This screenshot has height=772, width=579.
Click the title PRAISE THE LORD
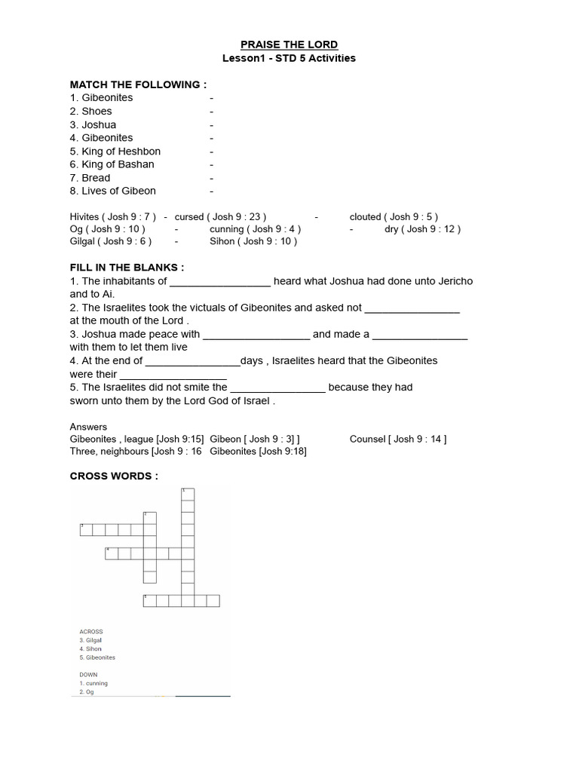point(289,44)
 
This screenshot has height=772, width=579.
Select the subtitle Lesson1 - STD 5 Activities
point(289,58)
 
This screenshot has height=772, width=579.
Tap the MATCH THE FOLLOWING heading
point(138,84)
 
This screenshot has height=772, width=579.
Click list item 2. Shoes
point(91,111)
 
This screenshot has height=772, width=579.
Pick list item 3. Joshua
point(93,124)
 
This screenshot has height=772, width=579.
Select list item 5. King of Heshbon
point(115,151)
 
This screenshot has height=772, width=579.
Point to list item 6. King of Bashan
point(112,164)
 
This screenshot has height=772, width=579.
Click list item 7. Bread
point(90,178)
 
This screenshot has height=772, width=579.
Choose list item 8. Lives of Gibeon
point(113,191)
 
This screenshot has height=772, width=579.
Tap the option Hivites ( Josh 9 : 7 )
point(113,216)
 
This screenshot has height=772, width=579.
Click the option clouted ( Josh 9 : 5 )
point(394,216)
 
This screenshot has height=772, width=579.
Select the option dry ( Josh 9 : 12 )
point(422,228)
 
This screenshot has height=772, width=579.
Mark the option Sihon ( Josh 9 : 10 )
point(253,241)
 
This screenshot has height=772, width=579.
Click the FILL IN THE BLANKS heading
point(127,268)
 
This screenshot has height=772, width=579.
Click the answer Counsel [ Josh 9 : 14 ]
point(398,439)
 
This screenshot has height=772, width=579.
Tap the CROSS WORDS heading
point(114,476)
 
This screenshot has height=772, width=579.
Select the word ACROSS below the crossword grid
point(91,632)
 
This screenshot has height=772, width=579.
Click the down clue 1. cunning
point(94,683)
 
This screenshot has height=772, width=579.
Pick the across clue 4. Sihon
point(90,648)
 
